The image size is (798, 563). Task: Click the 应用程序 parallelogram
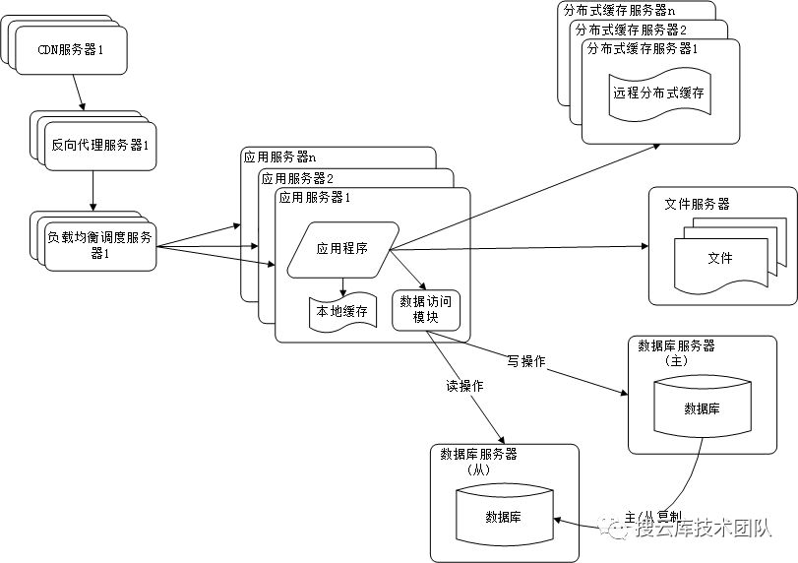click(341, 249)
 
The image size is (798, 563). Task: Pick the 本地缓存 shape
click(341, 311)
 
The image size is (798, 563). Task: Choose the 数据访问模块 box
click(426, 309)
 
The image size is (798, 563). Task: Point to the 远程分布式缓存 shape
click(659, 93)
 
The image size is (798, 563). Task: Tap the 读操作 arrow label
click(464, 386)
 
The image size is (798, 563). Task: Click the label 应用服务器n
click(279, 156)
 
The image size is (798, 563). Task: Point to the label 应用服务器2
click(296, 177)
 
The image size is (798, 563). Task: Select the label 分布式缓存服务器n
click(620, 9)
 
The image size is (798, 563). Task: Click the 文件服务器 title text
click(697, 204)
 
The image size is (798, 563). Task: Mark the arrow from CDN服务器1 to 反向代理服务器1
click(79, 94)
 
